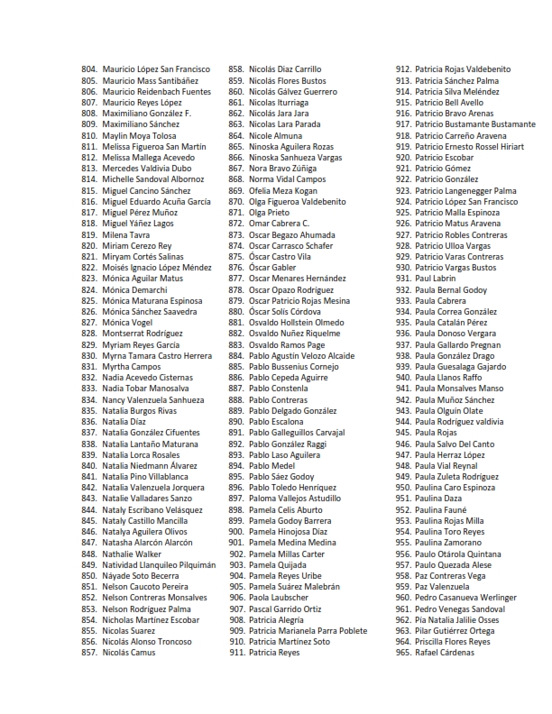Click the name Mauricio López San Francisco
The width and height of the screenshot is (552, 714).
click(155, 69)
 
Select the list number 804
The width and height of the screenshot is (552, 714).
click(88, 69)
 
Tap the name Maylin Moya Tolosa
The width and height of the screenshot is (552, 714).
click(139, 135)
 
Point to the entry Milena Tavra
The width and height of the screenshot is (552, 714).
click(126, 234)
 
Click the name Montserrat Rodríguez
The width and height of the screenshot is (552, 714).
click(143, 334)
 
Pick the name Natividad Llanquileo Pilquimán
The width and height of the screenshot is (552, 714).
click(159, 564)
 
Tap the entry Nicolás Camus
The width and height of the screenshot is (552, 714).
click(129, 652)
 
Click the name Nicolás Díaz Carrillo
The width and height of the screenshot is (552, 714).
click(285, 69)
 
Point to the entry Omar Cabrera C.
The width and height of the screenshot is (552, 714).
click(279, 224)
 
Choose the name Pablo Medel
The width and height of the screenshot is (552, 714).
click(271, 465)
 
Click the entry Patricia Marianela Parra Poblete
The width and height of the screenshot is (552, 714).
click(308, 630)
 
